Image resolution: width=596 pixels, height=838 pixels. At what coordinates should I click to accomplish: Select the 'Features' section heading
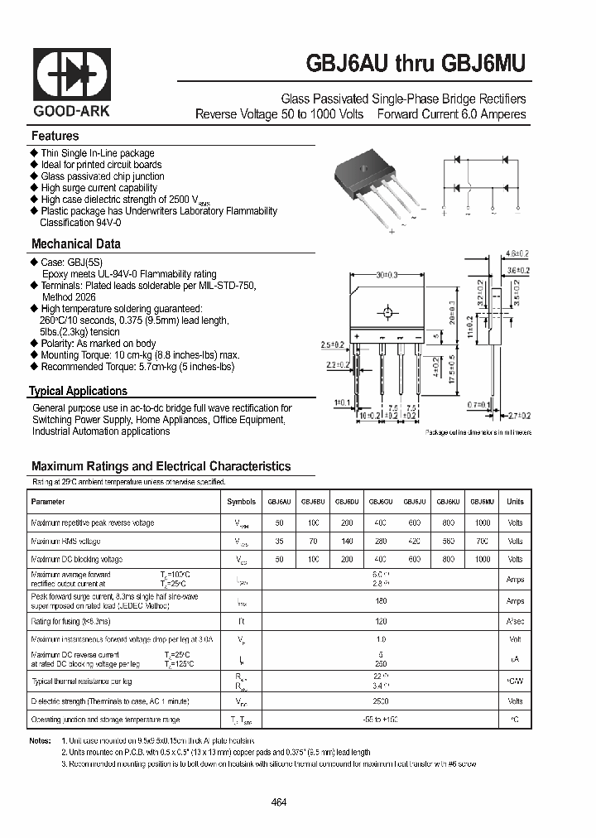55,136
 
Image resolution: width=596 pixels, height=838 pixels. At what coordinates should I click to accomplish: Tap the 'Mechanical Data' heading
75,243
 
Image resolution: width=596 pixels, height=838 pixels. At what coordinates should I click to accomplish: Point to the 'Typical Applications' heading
78,391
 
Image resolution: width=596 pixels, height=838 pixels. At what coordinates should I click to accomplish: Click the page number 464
279,802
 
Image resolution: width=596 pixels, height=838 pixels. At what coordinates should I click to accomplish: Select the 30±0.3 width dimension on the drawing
386,276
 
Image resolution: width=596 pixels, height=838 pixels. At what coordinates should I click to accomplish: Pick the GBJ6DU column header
346,502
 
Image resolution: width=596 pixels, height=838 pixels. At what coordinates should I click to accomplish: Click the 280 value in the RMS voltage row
380,542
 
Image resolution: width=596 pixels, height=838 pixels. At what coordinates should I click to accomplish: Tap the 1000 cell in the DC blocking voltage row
482,560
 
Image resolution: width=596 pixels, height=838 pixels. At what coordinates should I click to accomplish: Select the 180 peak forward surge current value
380,601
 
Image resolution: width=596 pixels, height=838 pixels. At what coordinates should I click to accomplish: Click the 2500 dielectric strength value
380,701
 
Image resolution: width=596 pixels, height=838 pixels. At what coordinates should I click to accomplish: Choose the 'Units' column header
515,502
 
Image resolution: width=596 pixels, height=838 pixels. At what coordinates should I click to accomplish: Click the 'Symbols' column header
241,502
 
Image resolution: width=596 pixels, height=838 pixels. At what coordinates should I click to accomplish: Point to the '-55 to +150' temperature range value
380,720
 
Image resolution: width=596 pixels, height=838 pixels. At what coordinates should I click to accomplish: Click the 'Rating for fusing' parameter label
65,619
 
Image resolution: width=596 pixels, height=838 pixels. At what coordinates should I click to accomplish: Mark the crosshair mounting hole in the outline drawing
386,313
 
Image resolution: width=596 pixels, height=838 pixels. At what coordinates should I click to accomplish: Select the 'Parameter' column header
47,502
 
